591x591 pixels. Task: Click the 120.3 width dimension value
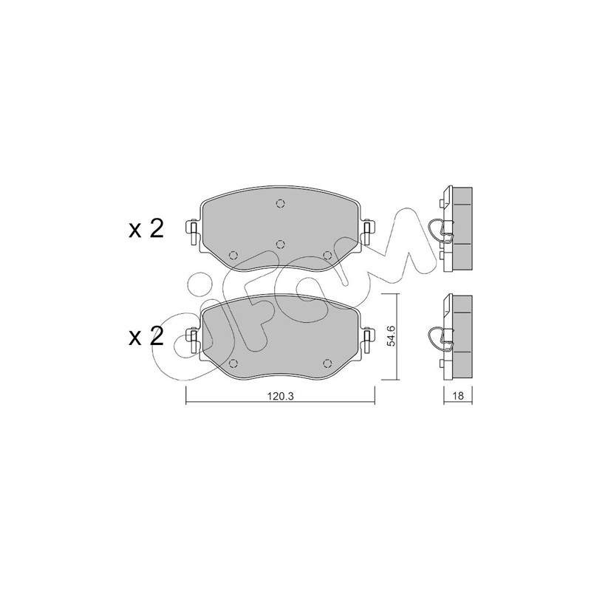[281, 396]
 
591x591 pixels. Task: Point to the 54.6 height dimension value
[392, 336]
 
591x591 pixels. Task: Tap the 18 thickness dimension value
[458, 396]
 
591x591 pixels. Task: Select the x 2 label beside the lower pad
[146, 336]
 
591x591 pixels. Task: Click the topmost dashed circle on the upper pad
[280, 204]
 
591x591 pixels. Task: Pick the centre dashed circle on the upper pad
[280, 245]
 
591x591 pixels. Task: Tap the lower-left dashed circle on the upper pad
[233, 256]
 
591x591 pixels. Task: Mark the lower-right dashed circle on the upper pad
[327, 256]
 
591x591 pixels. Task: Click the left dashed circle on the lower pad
[233, 363]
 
